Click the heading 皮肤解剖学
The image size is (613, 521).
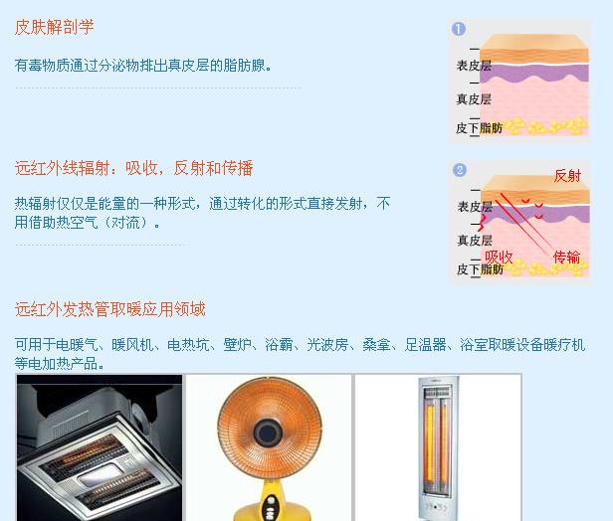pyautogui.click(x=54, y=27)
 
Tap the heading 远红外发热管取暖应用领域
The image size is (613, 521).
pyautogui.click(x=109, y=309)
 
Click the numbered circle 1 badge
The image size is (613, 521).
pyautogui.click(x=459, y=29)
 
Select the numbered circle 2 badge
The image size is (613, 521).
pyautogui.click(x=460, y=170)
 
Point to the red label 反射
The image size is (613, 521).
pyautogui.click(x=567, y=176)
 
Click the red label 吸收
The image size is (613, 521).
pyautogui.click(x=499, y=257)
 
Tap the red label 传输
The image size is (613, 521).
pyautogui.click(x=567, y=257)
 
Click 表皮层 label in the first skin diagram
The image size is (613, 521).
pyautogui.click(x=474, y=66)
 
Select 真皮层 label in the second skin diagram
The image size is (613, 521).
pyautogui.click(x=475, y=241)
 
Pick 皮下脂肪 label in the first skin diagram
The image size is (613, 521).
pyautogui.click(x=480, y=128)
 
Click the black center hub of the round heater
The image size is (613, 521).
pyautogui.click(x=268, y=432)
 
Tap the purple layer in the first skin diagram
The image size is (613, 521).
pyautogui.click(x=534, y=73)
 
